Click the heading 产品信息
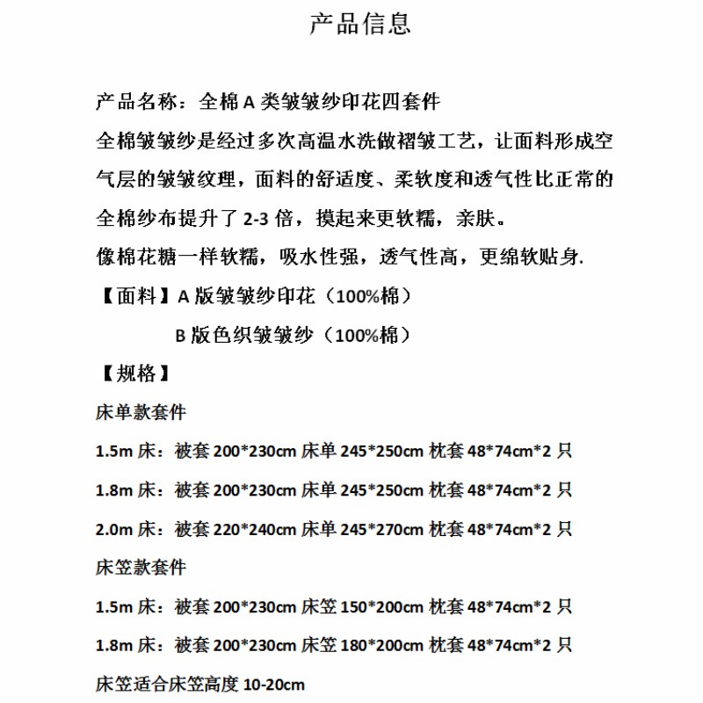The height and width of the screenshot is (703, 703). (360, 24)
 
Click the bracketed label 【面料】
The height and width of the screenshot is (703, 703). (132, 296)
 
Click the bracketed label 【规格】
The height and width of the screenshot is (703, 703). (132, 373)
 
